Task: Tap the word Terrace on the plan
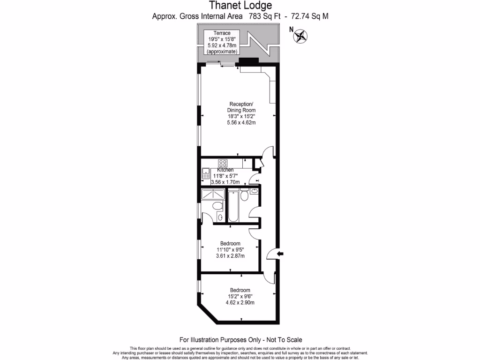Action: click(222, 33)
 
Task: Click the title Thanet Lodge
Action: click(240, 6)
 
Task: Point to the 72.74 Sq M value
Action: click(310, 16)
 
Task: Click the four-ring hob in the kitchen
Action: click(223, 164)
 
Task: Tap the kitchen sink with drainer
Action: click(206, 173)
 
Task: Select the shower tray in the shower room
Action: click(213, 194)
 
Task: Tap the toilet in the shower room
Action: click(217, 206)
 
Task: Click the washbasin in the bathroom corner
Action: click(254, 191)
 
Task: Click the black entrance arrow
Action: click(280, 254)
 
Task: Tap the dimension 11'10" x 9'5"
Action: click(230, 250)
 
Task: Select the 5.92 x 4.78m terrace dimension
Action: click(222, 45)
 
